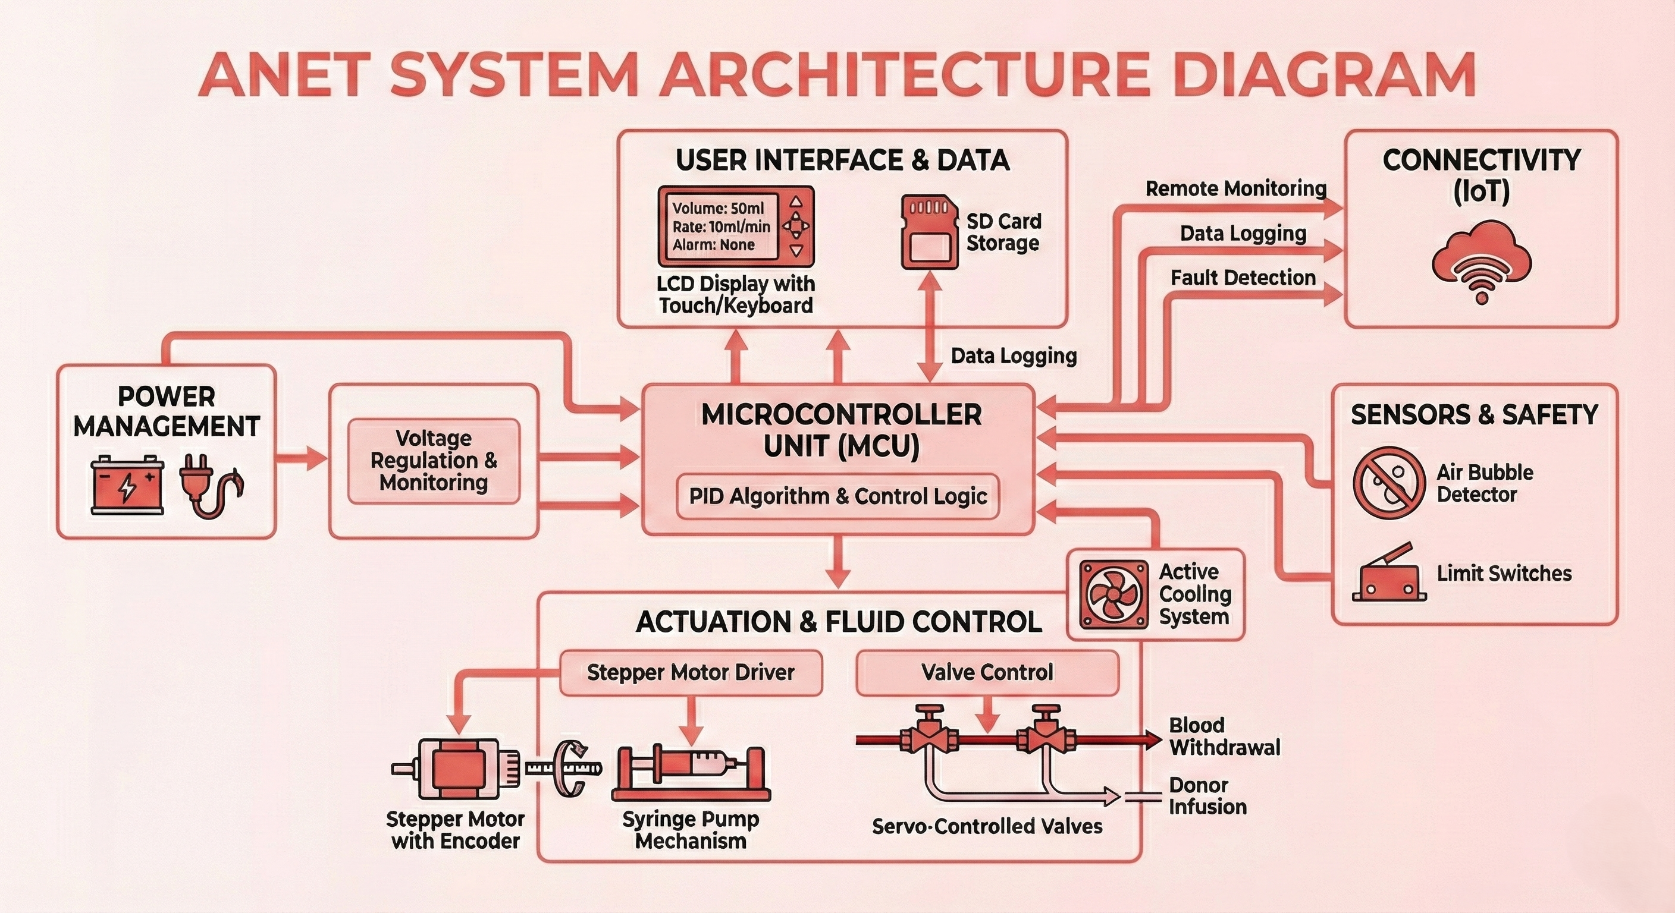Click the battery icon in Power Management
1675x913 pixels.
[x=127, y=485]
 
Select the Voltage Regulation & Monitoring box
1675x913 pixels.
[x=434, y=461]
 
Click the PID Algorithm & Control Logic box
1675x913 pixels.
[x=837, y=496]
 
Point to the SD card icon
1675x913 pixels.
[x=929, y=232]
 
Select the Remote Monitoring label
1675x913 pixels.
[x=1235, y=189]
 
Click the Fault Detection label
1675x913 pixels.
[x=1243, y=278]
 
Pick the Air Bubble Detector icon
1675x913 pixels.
[x=1389, y=483]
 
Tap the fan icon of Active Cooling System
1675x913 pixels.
[x=1113, y=594]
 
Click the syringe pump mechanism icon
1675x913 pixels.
[x=691, y=773]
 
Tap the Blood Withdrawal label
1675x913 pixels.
[x=1224, y=736]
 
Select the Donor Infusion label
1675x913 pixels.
[x=1207, y=796]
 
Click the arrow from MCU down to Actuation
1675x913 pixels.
[x=837, y=563]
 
